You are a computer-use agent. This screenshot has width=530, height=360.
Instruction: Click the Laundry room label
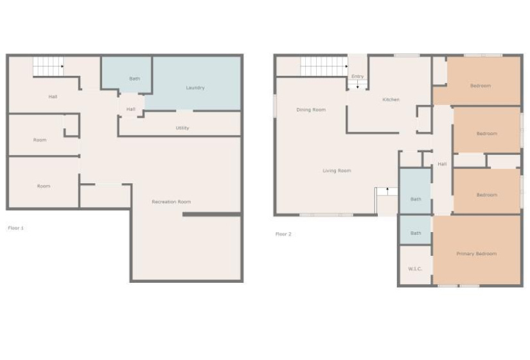[195, 87]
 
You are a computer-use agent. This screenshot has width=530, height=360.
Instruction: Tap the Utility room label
[182, 128]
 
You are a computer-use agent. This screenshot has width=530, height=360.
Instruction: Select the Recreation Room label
[171, 202]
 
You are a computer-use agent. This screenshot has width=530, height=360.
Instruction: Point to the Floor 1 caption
[16, 228]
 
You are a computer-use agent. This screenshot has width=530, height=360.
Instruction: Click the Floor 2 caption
[283, 234]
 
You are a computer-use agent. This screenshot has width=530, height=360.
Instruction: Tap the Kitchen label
[391, 100]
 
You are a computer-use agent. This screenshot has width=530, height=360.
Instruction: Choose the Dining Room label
[311, 110]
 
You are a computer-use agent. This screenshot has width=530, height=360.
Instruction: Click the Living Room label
[337, 170]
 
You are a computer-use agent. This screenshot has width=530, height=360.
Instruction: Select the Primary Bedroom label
[477, 253]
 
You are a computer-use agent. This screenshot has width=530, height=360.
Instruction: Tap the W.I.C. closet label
[415, 269]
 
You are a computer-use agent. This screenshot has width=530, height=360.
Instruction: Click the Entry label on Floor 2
[357, 76]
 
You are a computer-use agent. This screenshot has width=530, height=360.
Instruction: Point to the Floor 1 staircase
[48, 66]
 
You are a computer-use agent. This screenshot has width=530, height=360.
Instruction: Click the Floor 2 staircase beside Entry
[324, 66]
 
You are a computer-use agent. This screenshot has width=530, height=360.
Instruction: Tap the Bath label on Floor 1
[134, 78]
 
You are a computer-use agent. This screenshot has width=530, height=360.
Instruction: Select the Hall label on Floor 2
[442, 164]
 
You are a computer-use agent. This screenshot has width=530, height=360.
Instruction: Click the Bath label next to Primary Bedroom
[416, 233]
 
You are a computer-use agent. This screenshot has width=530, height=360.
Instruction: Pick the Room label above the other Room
[40, 139]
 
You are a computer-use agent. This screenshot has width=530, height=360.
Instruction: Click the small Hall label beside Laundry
[131, 109]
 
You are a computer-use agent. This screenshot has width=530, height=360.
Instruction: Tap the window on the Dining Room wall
[275, 105]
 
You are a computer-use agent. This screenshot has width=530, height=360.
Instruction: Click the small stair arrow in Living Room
[387, 190]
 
